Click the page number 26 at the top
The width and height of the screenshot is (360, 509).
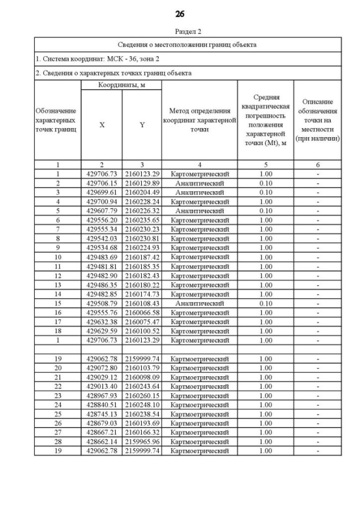coord(180,13)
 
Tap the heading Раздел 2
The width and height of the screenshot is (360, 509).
coord(180,33)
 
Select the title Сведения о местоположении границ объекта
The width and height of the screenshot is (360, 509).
coord(187,44)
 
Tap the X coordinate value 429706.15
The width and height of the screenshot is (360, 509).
coord(102,183)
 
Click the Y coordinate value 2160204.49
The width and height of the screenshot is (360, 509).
coord(142,192)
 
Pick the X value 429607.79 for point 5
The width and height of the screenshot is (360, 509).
coord(102,211)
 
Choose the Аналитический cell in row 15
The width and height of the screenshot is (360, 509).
coord(200,303)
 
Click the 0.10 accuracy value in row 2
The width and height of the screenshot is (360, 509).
coord(266,183)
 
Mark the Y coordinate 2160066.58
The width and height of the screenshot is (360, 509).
coord(142,312)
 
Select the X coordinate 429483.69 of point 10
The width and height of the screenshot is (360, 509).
coord(102,257)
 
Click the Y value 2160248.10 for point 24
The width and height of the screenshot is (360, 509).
coord(142,404)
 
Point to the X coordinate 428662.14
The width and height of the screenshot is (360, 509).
coord(102,442)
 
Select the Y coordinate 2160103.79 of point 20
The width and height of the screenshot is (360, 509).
coord(142,368)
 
